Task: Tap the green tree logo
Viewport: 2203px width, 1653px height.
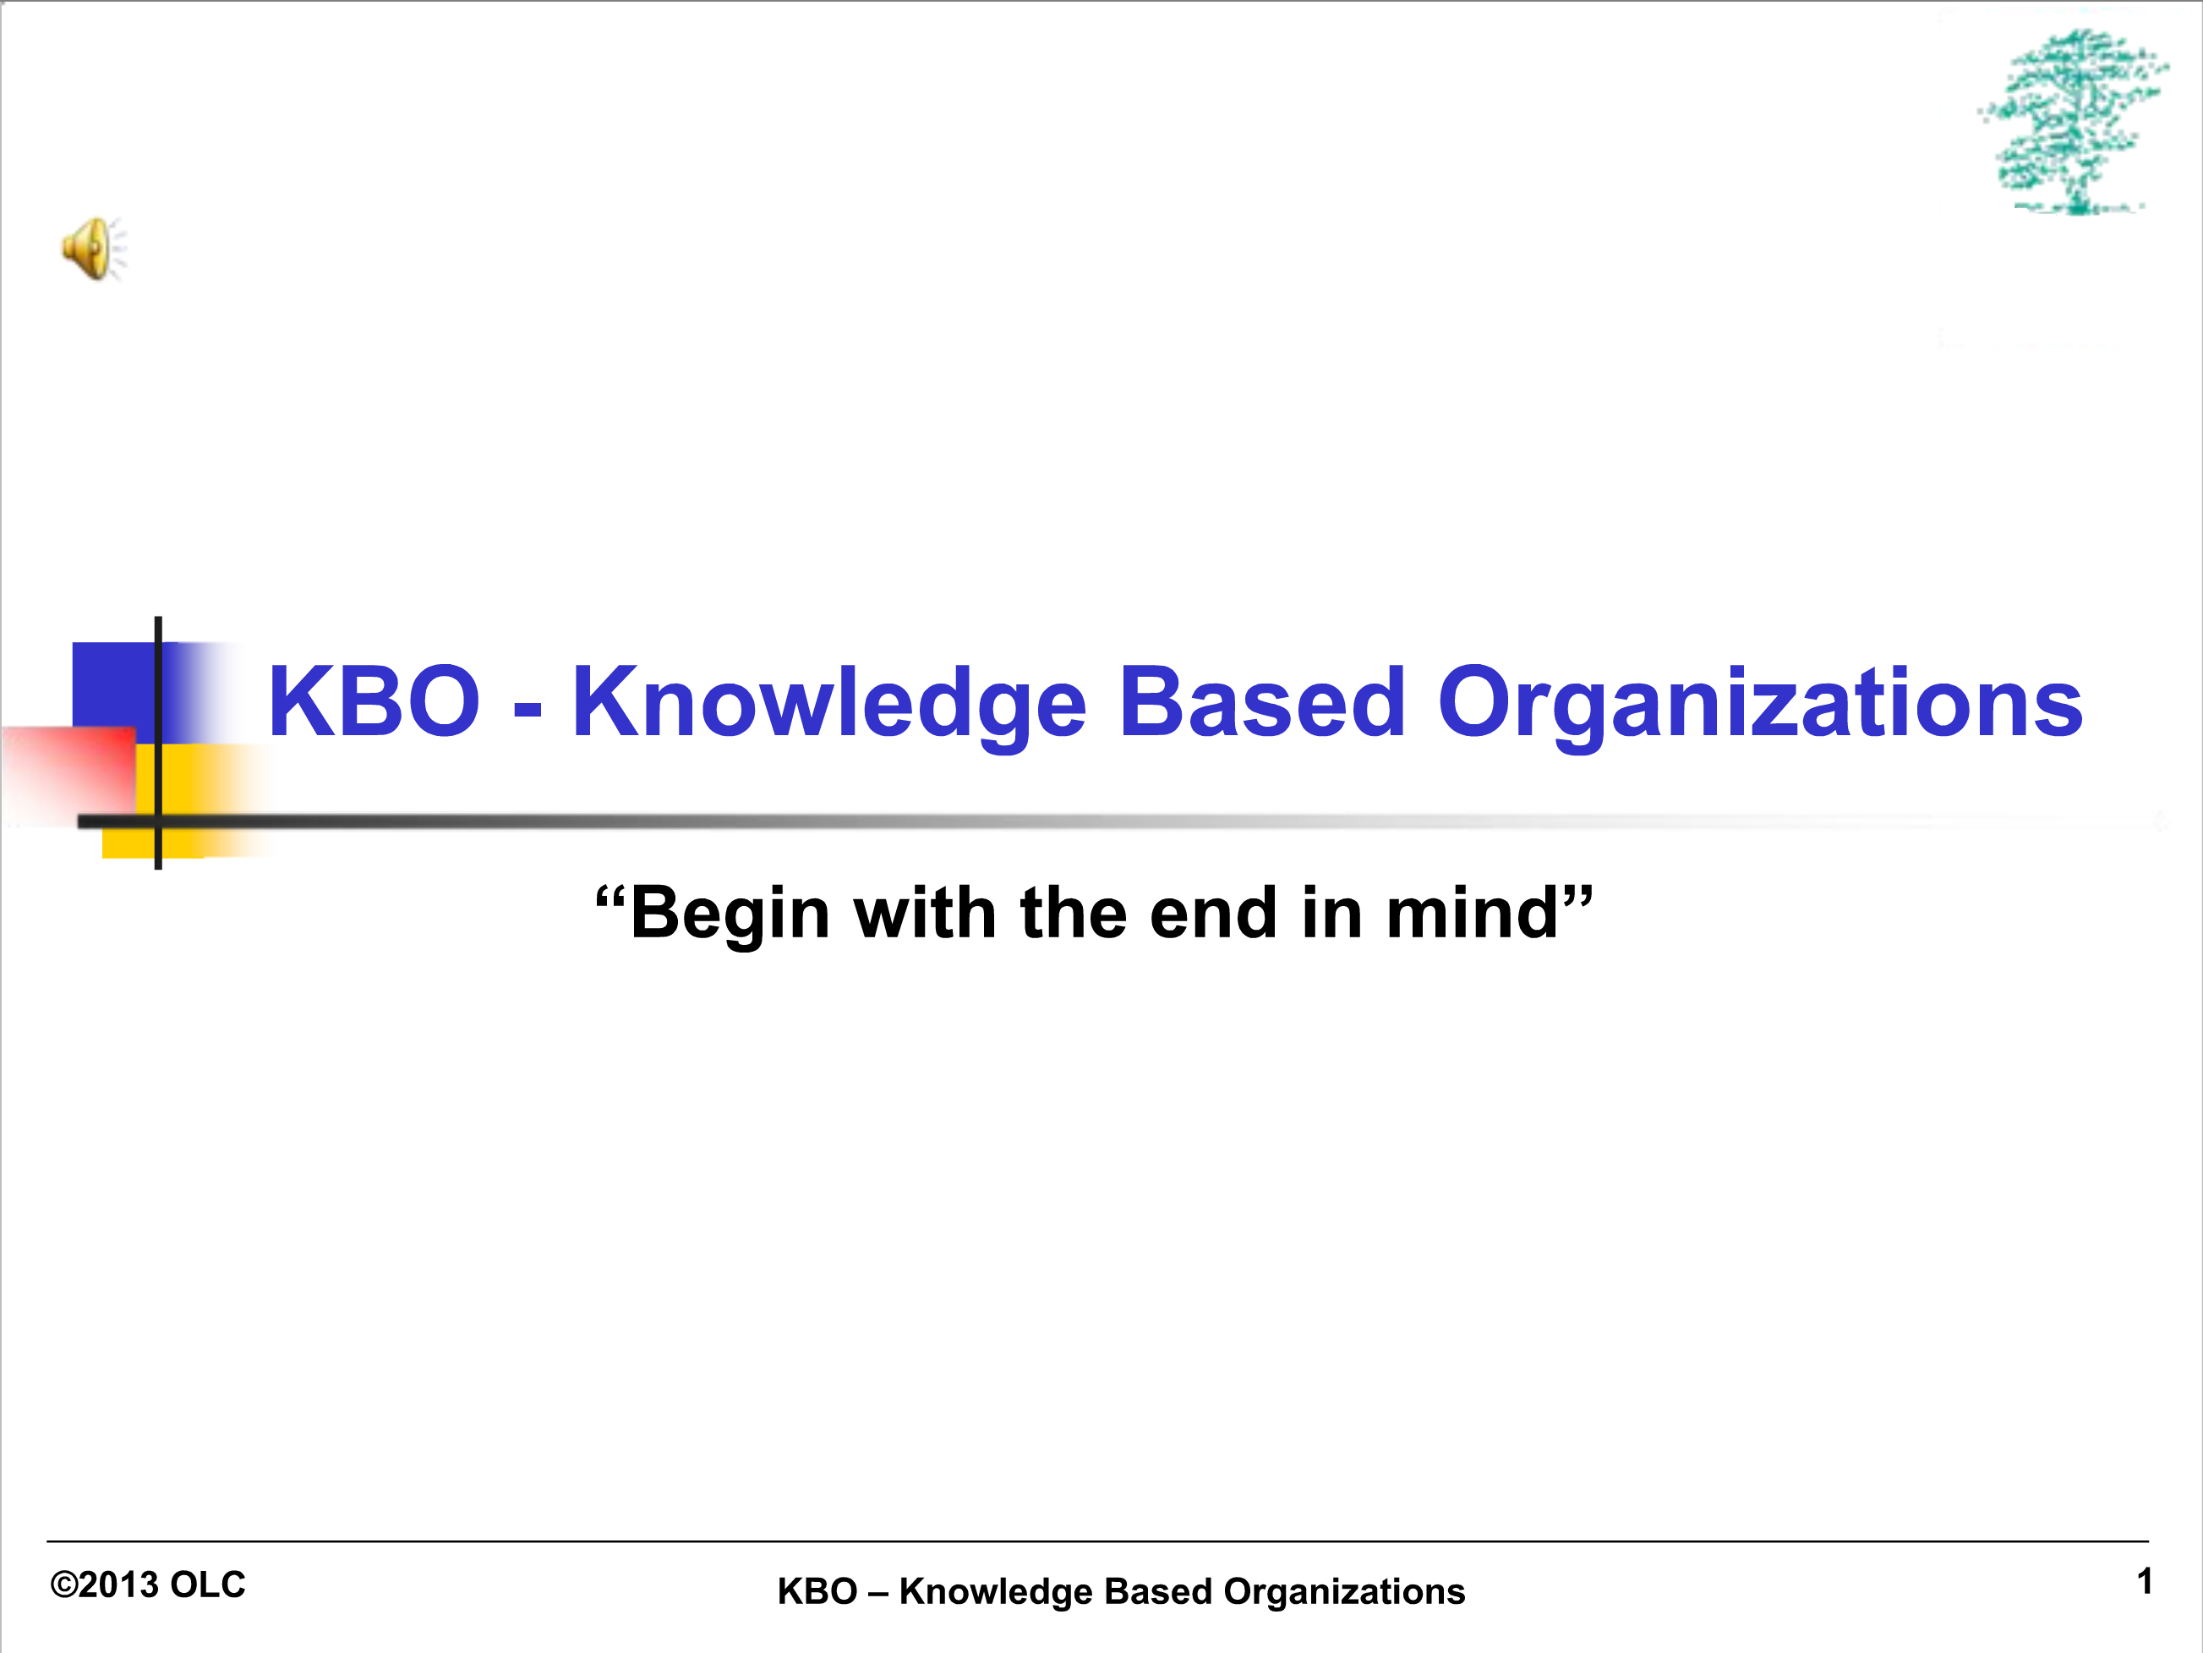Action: [2074, 122]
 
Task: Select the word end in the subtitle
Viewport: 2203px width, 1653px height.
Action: [1213, 913]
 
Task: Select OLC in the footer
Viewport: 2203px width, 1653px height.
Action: [207, 1585]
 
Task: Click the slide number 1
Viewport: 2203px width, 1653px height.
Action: [2144, 1581]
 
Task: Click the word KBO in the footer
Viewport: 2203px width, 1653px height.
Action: [817, 1592]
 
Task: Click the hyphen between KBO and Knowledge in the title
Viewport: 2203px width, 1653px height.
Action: [528, 711]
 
